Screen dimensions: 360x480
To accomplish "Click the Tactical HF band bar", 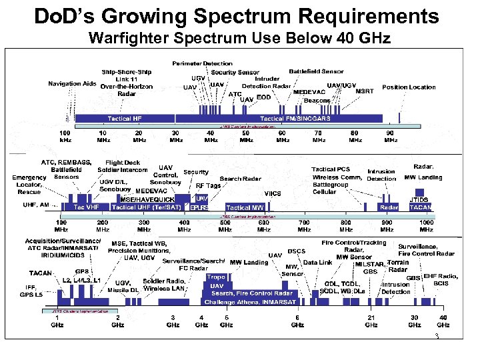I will coord(124,118).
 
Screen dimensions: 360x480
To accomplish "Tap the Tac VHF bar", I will coord(86,207).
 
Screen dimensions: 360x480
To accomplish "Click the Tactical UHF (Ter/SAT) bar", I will coord(150,207).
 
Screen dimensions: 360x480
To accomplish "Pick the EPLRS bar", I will coord(200,207).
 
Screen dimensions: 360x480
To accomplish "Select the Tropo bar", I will coord(215,277).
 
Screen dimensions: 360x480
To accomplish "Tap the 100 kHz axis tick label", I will coord(67,136).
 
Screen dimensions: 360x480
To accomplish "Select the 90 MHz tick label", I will coord(391,136).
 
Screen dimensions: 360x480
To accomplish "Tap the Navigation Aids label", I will coord(71,83).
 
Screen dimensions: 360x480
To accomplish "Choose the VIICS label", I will coord(273,193).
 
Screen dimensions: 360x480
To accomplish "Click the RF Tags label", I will coord(207,186).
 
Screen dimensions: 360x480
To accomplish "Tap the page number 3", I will coord(435,337).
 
